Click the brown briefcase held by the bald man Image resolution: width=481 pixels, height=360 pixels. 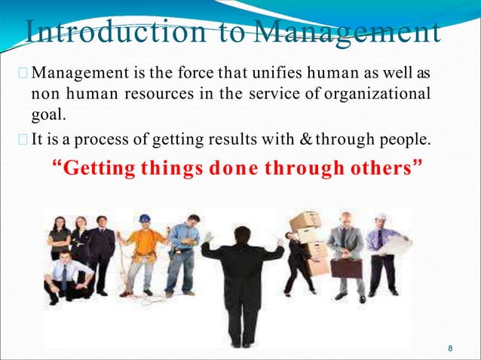346,267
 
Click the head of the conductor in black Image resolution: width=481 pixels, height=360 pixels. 242,235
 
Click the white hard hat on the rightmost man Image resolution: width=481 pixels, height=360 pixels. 381,217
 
